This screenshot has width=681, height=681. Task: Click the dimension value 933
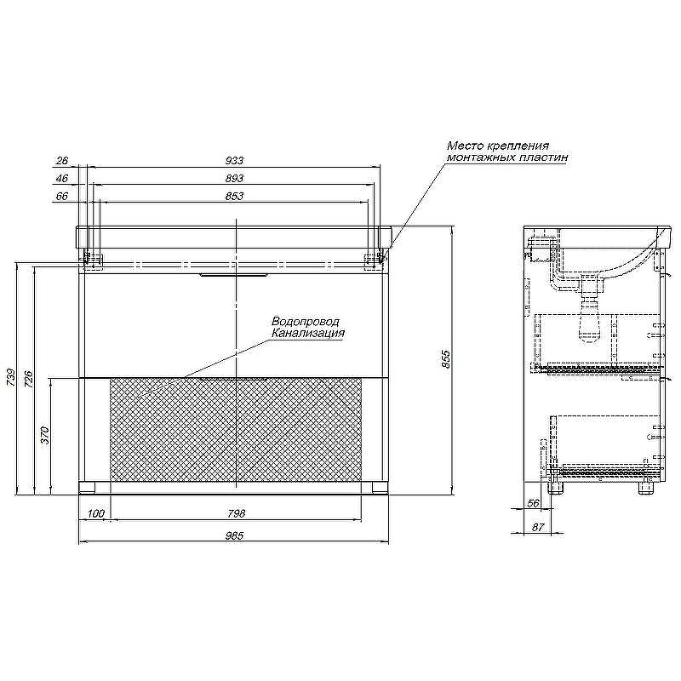tap(235, 160)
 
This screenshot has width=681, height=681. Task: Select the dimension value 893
tap(235, 178)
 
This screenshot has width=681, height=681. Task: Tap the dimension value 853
tap(235, 196)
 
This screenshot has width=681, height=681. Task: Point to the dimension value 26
tap(62, 160)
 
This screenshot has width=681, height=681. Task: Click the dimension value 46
tap(62, 178)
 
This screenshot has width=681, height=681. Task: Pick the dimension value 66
tap(62, 196)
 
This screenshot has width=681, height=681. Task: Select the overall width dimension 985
tap(235, 536)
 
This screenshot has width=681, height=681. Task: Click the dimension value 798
tap(237, 513)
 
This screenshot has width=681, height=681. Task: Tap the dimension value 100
tap(96, 513)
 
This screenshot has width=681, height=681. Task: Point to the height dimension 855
tap(446, 359)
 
